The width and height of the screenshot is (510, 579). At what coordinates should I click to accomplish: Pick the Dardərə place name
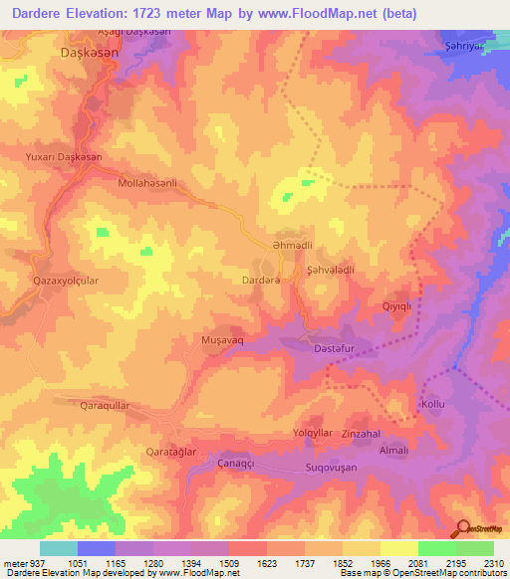[265, 281]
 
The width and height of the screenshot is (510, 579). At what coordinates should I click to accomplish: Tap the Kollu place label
[432, 405]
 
